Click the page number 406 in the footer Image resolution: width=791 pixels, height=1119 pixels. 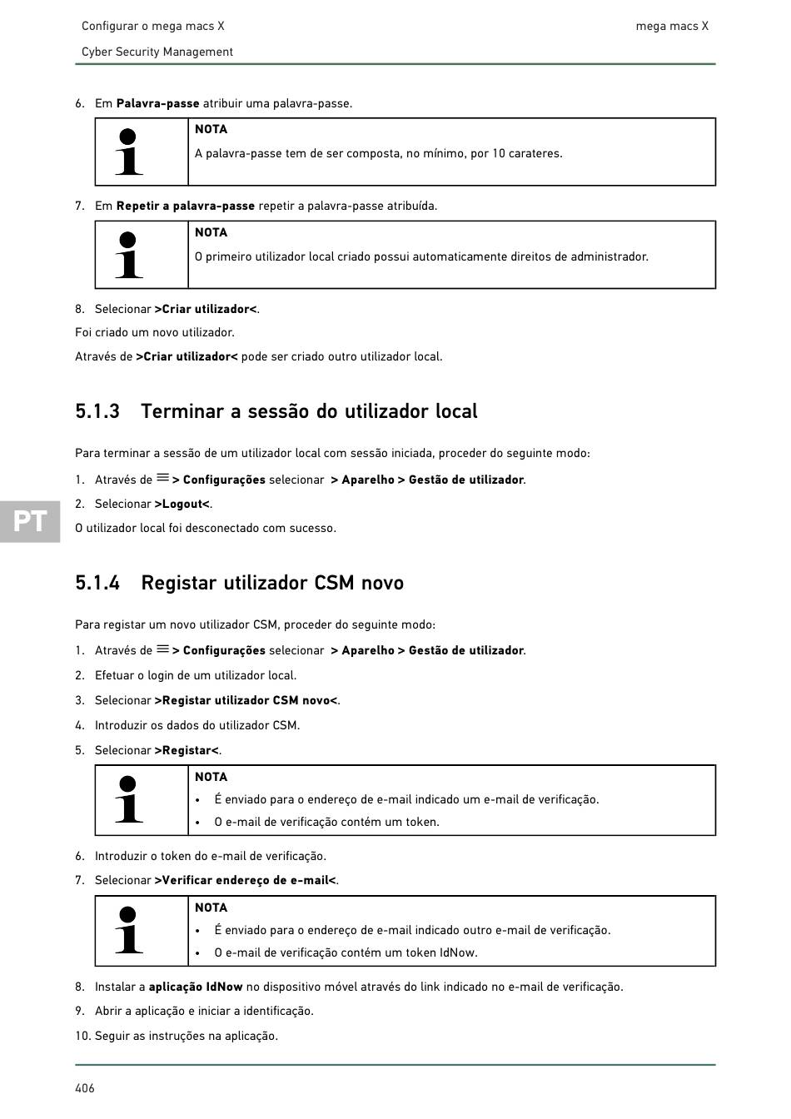pyautogui.click(x=85, y=1088)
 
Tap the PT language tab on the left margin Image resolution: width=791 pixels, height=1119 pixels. pyautogui.click(x=30, y=521)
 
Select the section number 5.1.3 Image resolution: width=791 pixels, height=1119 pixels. pyautogui.click(x=97, y=411)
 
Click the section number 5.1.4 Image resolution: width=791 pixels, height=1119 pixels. pyautogui.click(x=97, y=583)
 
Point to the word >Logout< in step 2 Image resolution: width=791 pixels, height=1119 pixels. pyautogui.click(x=182, y=504)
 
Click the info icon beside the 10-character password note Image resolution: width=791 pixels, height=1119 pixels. pyautogui.click(x=128, y=152)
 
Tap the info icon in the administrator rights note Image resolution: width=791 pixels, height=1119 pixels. pyautogui.click(x=128, y=255)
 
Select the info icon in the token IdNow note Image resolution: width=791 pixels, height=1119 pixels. pyautogui.click(x=128, y=930)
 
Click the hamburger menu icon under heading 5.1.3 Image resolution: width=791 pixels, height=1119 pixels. pyautogui.click(x=162, y=479)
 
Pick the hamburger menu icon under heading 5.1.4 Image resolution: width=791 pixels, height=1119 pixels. pyautogui.click(x=162, y=649)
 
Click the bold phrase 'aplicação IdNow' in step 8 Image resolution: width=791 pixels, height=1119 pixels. pyautogui.click(x=196, y=987)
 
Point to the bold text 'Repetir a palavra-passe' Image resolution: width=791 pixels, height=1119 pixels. pyautogui.click(x=186, y=206)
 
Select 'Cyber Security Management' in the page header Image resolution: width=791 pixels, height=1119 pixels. pyautogui.click(x=157, y=52)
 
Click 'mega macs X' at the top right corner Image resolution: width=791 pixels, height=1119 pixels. pyautogui.click(x=672, y=26)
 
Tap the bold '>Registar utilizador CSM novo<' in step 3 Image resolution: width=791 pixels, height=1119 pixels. pyautogui.click(x=246, y=700)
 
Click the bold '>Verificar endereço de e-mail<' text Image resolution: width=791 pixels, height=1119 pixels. pyautogui.click(x=246, y=880)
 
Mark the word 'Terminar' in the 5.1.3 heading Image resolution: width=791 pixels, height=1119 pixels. pyautogui.click(x=183, y=411)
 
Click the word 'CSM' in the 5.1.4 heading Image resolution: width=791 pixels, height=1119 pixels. pyautogui.click(x=334, y=583)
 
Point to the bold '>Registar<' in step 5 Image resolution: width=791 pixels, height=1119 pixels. pyautogui.click(x=187, y=750)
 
